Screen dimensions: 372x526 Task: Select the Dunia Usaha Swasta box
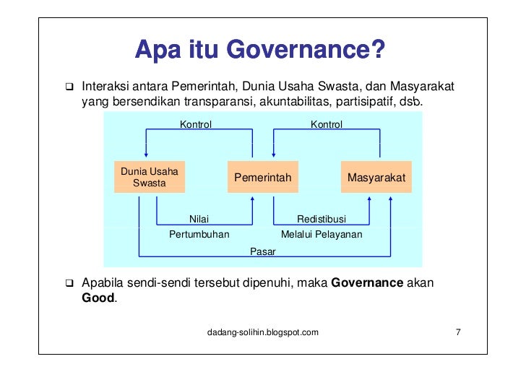150,177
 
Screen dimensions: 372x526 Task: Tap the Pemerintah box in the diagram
262,177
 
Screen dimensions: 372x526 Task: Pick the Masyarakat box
376,177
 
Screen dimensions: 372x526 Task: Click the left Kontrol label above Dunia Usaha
196,125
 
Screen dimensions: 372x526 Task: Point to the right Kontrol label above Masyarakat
327,125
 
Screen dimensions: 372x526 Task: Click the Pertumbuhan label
199,235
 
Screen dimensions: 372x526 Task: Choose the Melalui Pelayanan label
322,235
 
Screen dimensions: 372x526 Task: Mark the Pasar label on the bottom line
262,251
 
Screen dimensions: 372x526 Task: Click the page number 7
458,332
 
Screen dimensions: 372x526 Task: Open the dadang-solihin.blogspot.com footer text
262,332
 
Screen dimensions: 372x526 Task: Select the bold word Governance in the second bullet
367,282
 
